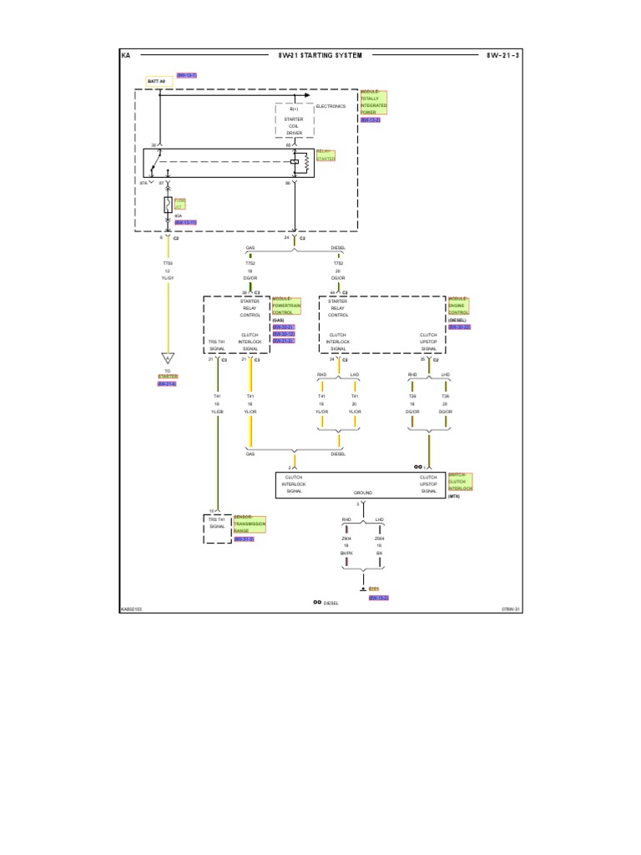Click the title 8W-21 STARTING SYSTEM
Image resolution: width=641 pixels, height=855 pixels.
point(320,55)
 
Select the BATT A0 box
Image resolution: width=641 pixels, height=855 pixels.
point(159,82)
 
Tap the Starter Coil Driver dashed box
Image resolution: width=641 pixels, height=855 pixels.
point(294,119)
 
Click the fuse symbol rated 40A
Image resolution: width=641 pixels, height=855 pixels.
point(168,205)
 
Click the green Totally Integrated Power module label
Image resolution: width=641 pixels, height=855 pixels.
point(373,104)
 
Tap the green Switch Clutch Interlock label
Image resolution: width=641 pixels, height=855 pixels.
point(460,482)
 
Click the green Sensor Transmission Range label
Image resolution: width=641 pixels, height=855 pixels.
point(249,524)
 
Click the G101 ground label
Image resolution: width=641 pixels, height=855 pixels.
point(374,589)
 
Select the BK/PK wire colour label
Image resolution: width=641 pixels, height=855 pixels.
point(346,553)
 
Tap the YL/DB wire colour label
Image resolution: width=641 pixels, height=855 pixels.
point(216,411)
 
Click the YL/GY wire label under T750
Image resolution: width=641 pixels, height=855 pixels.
point(167,277)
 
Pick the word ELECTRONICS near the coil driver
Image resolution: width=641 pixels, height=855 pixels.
point(331,107)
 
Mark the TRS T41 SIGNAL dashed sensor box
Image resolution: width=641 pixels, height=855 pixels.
point(217,529)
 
